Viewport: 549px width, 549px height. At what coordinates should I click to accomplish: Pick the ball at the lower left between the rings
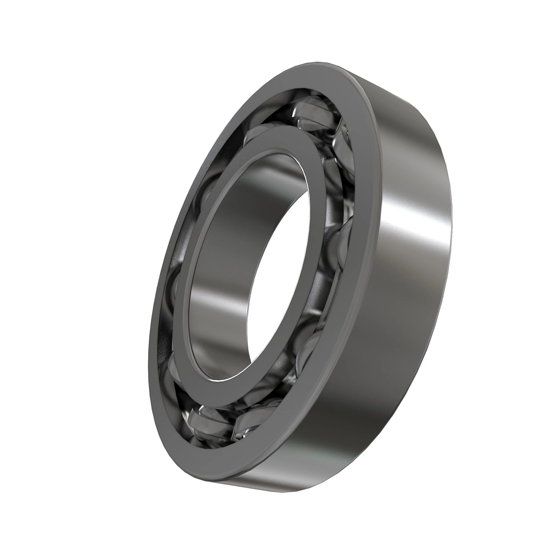tap(174, 366)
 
